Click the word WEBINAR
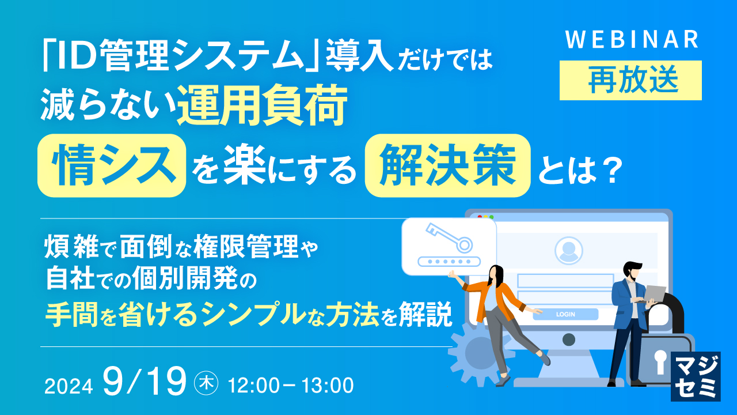(632, 40)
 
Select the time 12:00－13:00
(291, 384)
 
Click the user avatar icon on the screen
(568, 250)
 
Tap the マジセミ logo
(696, 376)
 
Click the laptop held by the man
(654, 293)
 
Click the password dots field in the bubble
(449, 261)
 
